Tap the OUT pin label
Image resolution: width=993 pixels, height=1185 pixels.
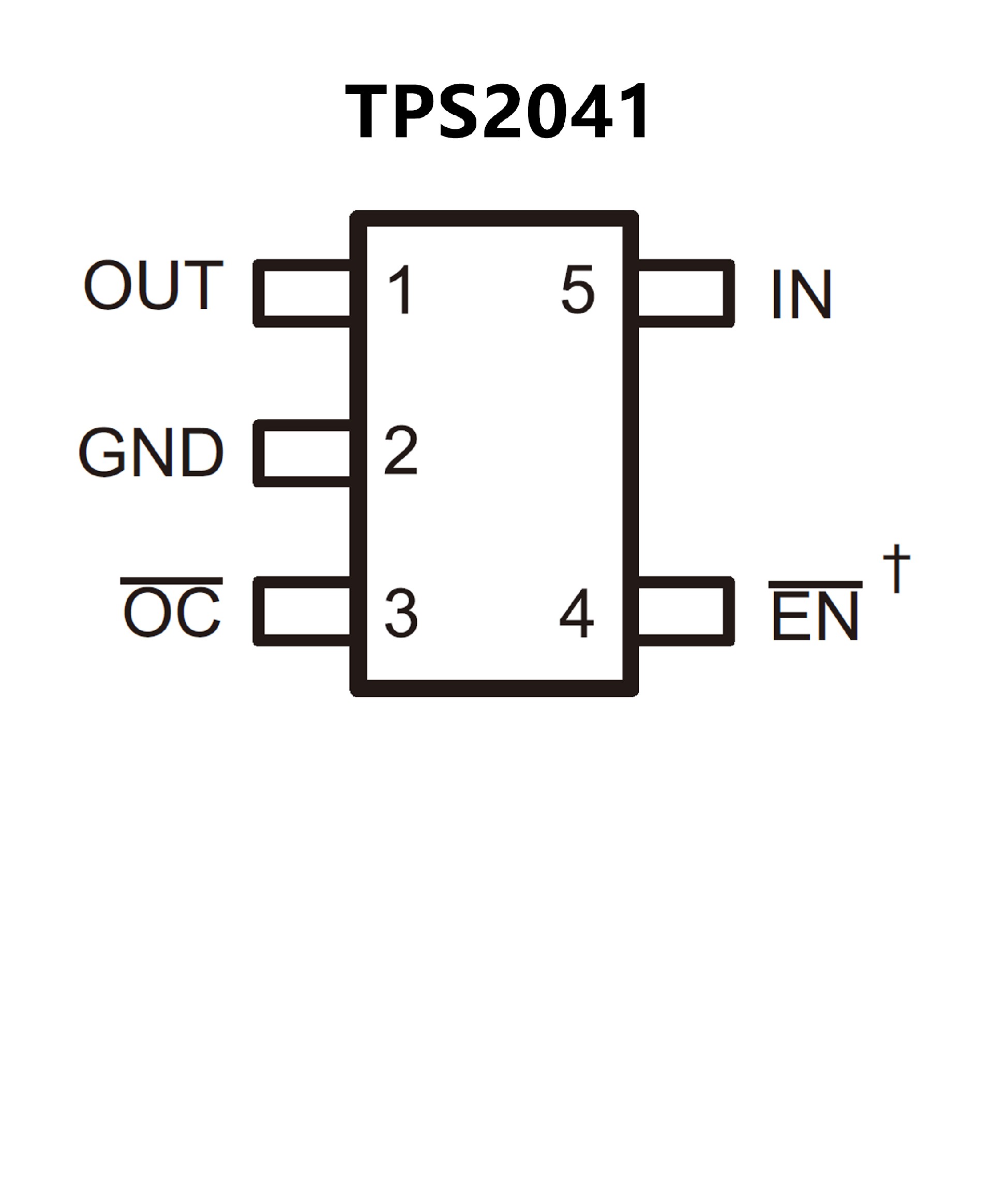(154, 286)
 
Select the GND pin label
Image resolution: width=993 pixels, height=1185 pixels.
(151, 452)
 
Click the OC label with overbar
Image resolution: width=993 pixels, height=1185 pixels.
(172, 612)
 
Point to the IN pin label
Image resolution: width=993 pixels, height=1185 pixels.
(801, 293)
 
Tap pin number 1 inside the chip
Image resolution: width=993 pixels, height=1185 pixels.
(401, 290)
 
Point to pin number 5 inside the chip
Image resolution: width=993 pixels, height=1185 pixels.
(578, 290)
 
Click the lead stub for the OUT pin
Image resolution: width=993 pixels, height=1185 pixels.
(303, 293)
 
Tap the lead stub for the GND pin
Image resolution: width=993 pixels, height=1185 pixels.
(303, 454)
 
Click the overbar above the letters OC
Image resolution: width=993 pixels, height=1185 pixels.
(172, 581)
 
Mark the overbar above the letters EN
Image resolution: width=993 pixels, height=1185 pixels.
(815, 584)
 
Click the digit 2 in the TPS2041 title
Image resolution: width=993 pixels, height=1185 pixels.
(502, 112)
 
